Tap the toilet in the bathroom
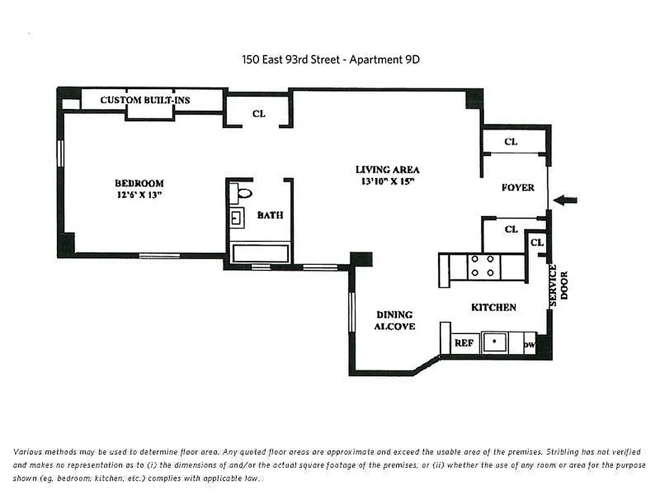click(243, 193)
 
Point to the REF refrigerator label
click(464, 343)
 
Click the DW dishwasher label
click(529, 345)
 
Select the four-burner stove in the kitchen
click(482, 265)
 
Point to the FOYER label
click(518, 187)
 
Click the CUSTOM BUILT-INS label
click(145, 100)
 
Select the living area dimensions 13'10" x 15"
click(387, 181)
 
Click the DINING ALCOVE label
click(394, 321)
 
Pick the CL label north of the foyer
click(510, 142)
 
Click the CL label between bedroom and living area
click(259, 114)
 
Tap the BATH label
click(270, 215)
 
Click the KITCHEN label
click(493, 308)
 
